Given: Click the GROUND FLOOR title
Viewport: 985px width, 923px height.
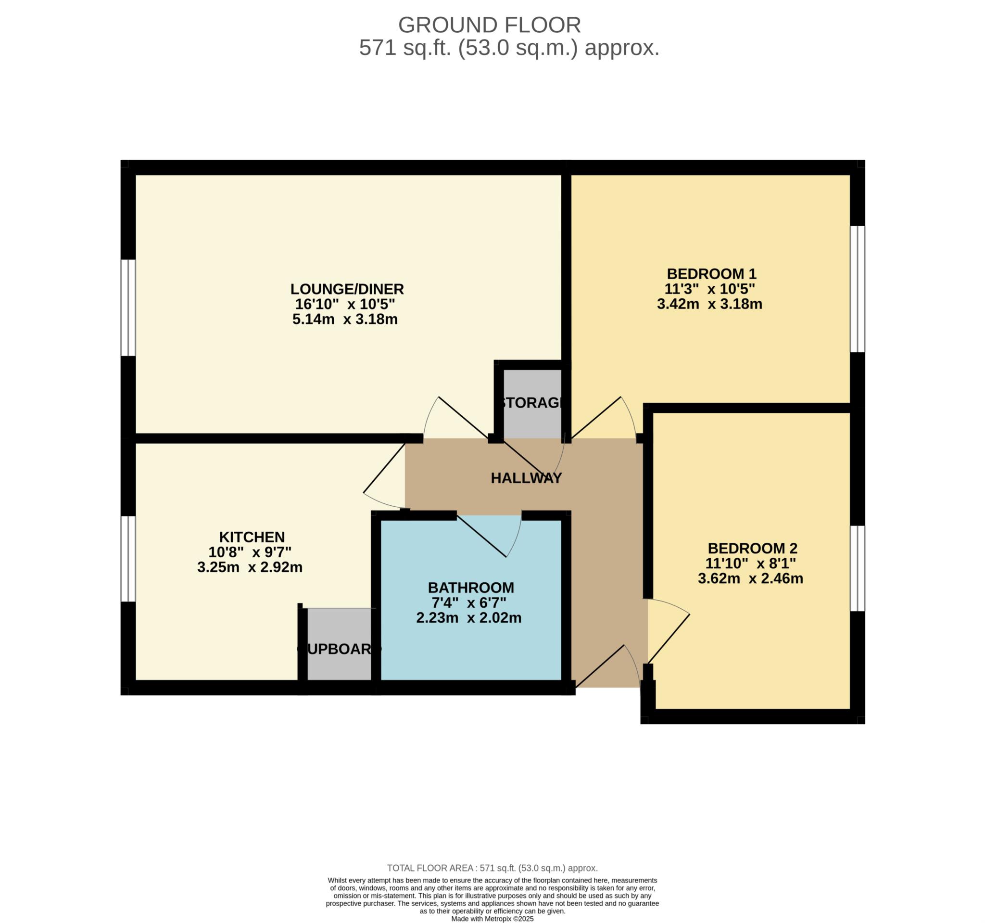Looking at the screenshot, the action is coord(490,25).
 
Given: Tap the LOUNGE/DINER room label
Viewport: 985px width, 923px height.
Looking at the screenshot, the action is coord(347,289).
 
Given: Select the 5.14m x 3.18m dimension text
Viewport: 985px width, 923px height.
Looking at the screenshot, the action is coord(345,319).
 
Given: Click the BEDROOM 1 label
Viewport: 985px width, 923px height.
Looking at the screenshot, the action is coord(711,274).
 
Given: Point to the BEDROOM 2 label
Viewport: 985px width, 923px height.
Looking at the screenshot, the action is coord(753,548).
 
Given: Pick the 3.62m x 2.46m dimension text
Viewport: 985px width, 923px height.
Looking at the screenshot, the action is coord(751,578).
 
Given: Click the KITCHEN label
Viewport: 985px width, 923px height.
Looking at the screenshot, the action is coord(252,537).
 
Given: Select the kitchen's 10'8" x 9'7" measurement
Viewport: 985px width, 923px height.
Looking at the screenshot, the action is coord(250,551).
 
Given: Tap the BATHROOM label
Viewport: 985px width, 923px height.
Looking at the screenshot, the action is coord(471,588).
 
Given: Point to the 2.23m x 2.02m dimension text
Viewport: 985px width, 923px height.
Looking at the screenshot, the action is coord(469,617).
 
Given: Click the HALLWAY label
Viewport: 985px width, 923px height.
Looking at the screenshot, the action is coord(526,478).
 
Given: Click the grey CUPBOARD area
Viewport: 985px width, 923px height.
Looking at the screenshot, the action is coord(340,644).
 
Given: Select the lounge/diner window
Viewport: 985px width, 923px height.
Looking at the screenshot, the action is coord(128,308).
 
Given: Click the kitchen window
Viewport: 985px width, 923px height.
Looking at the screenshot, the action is coord(128,559).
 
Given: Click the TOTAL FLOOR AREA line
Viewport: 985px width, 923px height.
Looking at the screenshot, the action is coord(492,868).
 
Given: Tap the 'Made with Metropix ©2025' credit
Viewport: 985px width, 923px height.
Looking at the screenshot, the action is coord(492,919).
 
